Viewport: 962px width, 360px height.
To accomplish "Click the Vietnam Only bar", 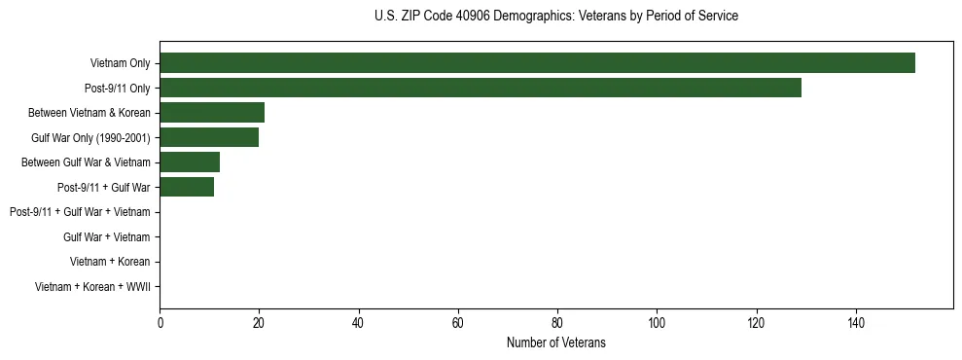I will pyautogui.click(x=537, y=63).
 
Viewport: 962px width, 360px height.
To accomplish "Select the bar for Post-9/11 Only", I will pyautogui.click(x=481, y=88).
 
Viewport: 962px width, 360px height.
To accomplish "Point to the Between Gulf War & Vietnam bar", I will pyautogui.click(x=190, y=162).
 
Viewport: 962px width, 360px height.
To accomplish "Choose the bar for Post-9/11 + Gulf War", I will pyautogui.click(x=187, y=187).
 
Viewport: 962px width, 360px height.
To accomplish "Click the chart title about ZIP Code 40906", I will pyautogui.click(x=555, y=17).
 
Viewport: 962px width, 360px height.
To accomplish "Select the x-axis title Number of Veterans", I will pyautogui.click(x=555, y=342).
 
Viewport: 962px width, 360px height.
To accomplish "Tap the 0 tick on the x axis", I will pyautogui.click(x=160, y=323).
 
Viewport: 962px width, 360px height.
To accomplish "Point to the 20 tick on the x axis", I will pyautogui.click(x=259, y=323).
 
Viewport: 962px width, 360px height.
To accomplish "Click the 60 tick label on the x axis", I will pyautogui.click(x=458, y=323).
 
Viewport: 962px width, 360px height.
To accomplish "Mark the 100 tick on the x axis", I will pyautogui.click(x=657, y=323).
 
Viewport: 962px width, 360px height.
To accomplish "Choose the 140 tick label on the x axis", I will pyautogui.click(x=856, y=323).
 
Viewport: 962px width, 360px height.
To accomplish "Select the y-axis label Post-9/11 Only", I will pyautogui.click(x=117, y=88).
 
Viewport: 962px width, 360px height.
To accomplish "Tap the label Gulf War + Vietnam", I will pyautogui.click(x=106, y=236).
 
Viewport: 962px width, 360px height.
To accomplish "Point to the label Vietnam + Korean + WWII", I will pyautogui.click(x=92, y=286).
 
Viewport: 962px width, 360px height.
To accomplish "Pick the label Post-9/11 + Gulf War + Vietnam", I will pyautogui.click(x=80, y=212).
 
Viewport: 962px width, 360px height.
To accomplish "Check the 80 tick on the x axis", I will pyautogui.click(x=557, y=323).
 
